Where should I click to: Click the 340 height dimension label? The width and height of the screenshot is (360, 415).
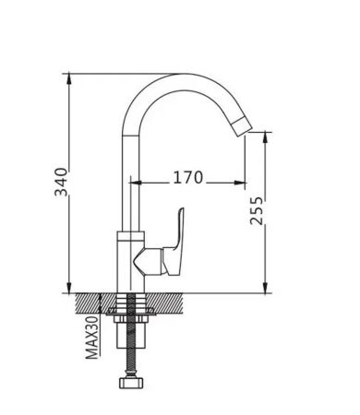pyautogui.click(x=61, y=183)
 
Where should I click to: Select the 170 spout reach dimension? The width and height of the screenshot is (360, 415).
pyautogui.click(x=188, y=178)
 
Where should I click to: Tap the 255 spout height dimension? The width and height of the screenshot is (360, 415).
pyautogui.click(x=257, y=210)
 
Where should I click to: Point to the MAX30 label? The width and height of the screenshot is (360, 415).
pyautogui.click(x=92, y=338)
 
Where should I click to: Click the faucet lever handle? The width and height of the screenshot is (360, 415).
pyautogui.click(x=174, y=243)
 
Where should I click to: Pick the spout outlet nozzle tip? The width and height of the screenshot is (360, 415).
pyautogui.click(x=243, y=127)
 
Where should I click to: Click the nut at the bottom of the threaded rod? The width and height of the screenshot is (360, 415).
pyautogui.click(x=131, y=384)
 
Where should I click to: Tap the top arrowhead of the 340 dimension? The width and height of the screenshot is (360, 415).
pyautogui.click(x=69, y=78)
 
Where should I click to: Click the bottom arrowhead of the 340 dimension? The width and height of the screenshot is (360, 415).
pyautogui.click(x=69, y=288)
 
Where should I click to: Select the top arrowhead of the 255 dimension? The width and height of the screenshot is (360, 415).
pyautogui.click(x=266, y=137)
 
